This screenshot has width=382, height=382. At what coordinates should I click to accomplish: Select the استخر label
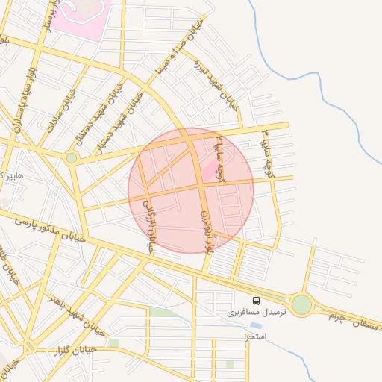tap(257, 336)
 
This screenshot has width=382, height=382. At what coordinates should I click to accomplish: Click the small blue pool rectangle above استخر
tap(256, 325)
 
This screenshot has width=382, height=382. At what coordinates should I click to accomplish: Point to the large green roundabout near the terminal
tap(301, 304)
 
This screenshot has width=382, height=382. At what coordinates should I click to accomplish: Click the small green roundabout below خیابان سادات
tap(72, 157)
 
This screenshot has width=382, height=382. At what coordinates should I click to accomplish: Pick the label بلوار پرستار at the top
tap(47, 22)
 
